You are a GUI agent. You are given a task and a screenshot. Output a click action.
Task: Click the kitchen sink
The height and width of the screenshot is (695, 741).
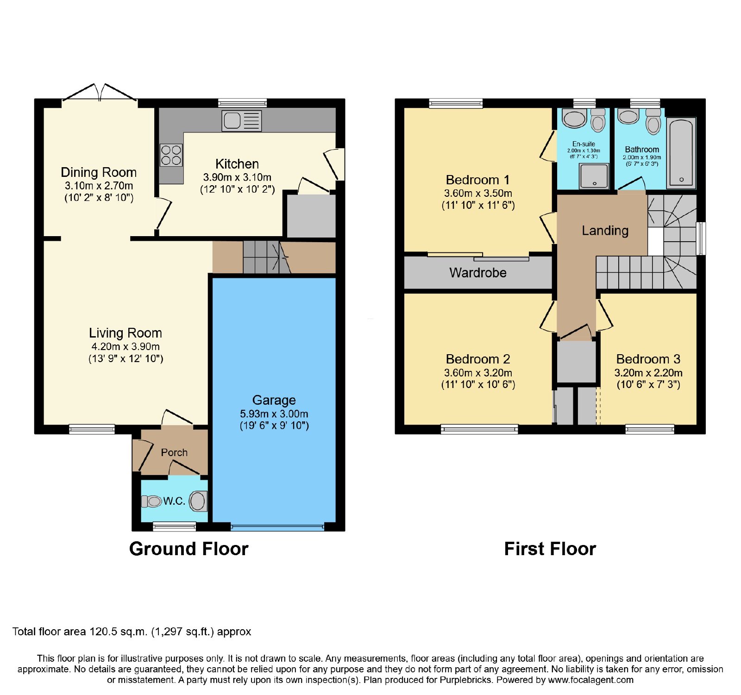click(x=242, y=121)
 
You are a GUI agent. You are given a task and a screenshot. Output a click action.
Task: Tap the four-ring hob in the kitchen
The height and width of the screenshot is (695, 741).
click(x=171, y=155)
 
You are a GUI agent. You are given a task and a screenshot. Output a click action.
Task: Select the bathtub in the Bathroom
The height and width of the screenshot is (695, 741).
click(x=681, y=153)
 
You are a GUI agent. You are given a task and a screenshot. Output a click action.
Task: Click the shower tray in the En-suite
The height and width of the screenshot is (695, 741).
click(x=594, y=176)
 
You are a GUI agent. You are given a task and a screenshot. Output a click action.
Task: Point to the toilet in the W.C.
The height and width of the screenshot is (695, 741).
click(x=198, y=501)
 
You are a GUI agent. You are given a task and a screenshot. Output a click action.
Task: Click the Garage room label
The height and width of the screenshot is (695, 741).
click(x=274, y=400)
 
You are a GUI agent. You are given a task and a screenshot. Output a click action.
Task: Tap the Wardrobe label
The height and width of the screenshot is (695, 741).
click(x=478, y=273)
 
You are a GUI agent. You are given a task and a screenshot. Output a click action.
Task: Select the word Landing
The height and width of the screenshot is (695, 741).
click(x=605, y=231)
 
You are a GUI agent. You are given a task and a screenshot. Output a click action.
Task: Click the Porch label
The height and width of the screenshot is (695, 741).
click(x=174, y=452)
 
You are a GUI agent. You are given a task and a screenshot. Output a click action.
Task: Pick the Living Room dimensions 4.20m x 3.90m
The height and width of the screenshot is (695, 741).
click(x=126, y=346)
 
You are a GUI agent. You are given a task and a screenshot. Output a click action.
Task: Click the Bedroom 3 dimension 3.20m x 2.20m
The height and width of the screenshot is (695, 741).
click(x=648, y=373)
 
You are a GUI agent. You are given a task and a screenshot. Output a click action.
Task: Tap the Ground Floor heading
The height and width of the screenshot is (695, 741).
click(x=189, y=549)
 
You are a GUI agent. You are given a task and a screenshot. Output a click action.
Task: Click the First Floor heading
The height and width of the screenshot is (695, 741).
click(x=550, y=549)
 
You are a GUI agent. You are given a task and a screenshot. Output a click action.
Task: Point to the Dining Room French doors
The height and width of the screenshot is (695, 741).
click(x=100, y=92)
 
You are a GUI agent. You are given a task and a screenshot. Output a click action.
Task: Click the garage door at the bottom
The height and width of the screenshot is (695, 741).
click(x=277, y=526)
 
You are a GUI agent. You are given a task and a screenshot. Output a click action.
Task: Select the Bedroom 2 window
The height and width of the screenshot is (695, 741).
click(x=479, y=429)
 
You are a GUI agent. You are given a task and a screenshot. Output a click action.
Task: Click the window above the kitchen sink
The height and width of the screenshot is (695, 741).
click(x=242, y=103)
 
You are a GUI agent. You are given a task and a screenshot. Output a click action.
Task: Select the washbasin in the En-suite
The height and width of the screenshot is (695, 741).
click(x=574, y=119)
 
